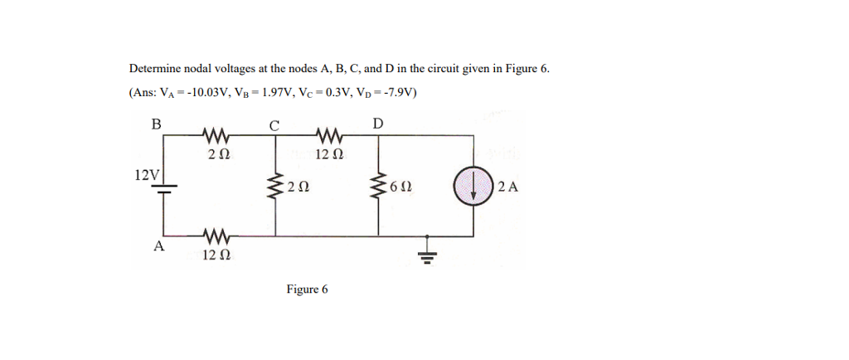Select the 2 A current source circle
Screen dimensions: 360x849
coord(473,186)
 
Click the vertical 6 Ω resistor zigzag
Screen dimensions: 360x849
coord(381,187)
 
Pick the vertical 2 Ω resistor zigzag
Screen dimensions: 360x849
coord(275,187)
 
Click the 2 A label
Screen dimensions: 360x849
coord(509,187)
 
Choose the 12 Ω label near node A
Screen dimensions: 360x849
coord(216,254)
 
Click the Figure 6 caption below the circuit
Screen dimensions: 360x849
coord(307,289)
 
